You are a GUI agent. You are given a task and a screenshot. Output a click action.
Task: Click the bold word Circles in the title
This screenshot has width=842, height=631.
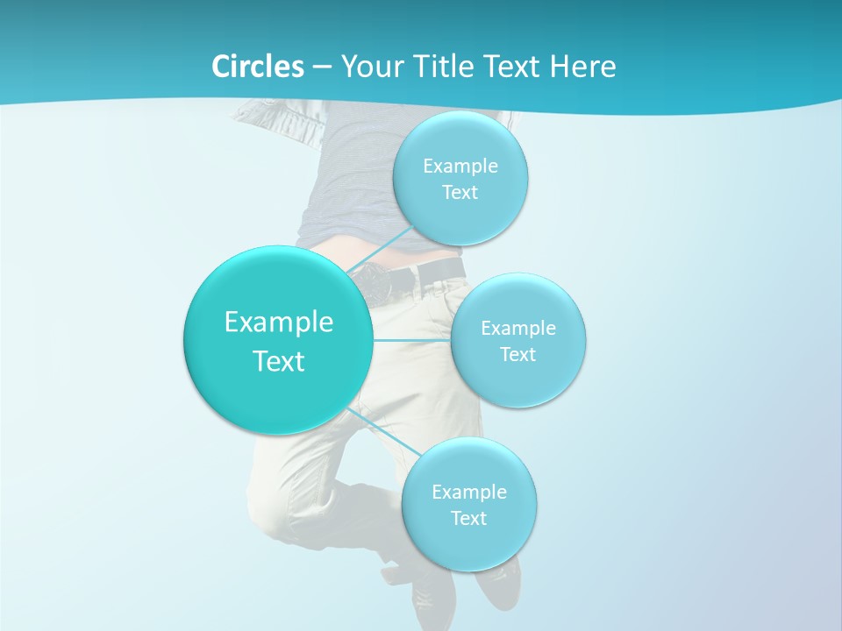pos(257,67)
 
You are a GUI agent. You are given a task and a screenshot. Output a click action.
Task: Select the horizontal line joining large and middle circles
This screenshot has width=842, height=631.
pos(412,340)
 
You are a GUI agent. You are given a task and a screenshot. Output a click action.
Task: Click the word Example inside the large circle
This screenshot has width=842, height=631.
pos(278,322)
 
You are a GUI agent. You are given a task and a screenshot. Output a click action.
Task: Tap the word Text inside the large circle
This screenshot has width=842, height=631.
pos(278,361)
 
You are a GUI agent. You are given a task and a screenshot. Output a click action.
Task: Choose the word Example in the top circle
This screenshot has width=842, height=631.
pos(460,166)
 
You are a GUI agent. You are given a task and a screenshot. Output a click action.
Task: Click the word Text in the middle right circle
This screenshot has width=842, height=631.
pos(517,354)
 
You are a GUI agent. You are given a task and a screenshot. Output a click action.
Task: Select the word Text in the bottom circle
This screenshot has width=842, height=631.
pos(468,518)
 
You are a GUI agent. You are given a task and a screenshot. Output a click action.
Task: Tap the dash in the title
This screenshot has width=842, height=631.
pos(321,67)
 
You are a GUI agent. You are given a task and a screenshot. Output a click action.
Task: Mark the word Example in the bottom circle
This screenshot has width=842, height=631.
pos(469,492)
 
